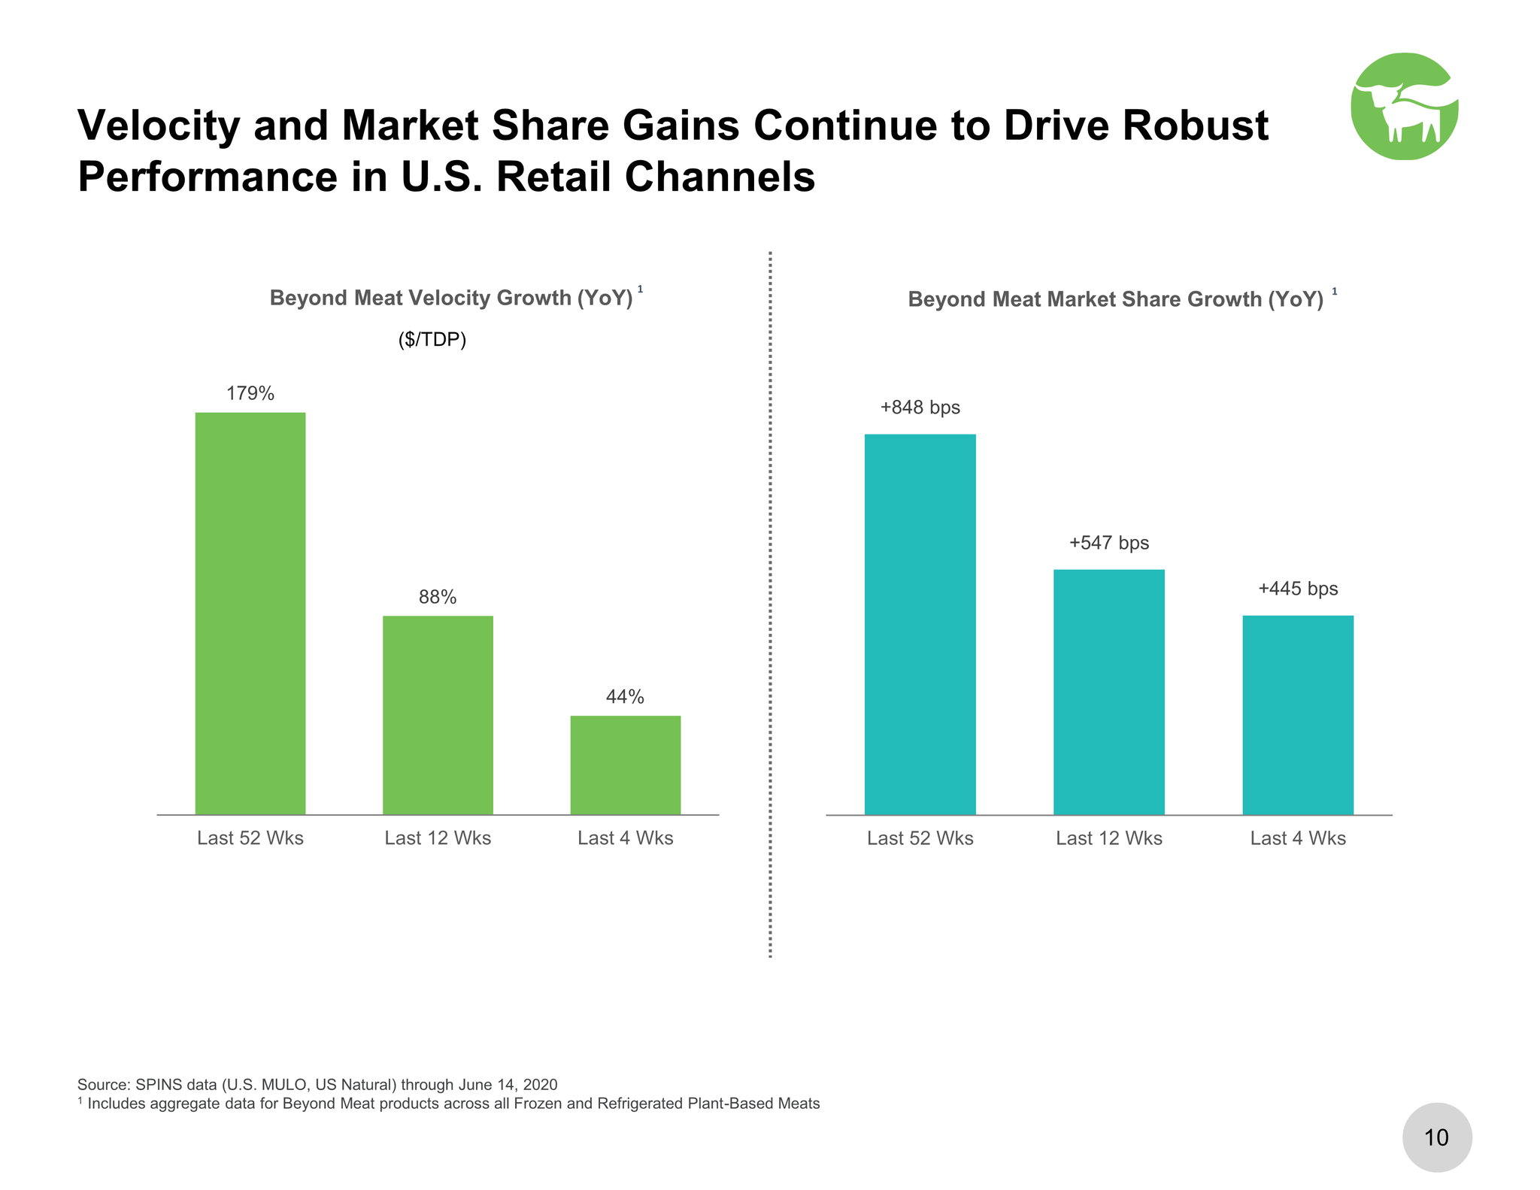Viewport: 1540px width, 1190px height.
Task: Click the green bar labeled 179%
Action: point(250,613)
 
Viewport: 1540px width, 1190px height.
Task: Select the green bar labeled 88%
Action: point(438,714)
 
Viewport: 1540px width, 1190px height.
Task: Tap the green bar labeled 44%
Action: point(625,765)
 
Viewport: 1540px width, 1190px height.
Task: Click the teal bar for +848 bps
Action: point(920,624)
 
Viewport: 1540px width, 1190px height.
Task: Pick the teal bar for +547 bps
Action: point(1108,692)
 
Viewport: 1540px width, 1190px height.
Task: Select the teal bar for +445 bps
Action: point(1298,714)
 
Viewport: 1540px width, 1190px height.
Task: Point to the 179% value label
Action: point(250,393)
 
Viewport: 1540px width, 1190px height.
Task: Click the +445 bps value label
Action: point(1298,589)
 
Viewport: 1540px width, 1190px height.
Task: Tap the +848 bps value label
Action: point(920,407)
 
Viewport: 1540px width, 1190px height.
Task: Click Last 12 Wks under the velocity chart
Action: point(438,838)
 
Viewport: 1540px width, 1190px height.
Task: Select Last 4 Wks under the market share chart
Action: point(1298,838)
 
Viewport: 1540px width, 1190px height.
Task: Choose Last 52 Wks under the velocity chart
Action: point(250,838)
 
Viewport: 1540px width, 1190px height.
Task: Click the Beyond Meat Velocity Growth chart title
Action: point(451,298)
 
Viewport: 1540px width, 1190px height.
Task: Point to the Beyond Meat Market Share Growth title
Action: point(1115,299)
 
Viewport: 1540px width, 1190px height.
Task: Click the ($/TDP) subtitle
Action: point(432,340)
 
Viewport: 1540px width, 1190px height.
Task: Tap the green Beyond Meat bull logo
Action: point(1404,106)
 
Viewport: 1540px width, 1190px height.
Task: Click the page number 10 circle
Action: point(1437,1137)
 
